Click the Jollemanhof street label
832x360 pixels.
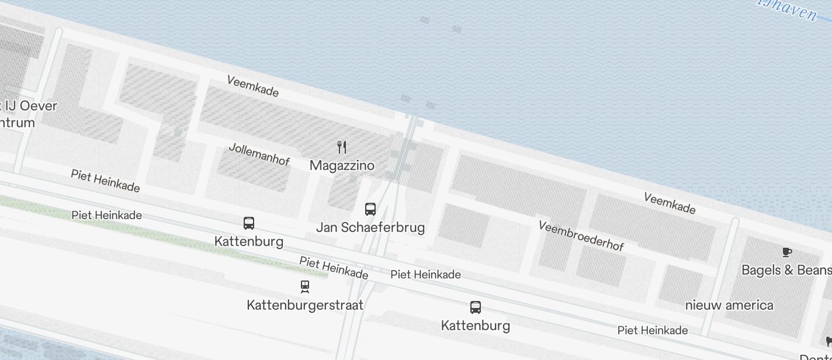tap(259, 154)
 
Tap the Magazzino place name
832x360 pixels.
tap(342, 165)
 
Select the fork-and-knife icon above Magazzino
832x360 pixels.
tap(342, 147)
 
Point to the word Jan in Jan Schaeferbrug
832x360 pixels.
tap(327, 227)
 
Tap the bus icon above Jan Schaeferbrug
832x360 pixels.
tap(370, 209)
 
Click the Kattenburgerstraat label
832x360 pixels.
tap(305, 305)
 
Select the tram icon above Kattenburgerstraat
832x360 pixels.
tap(304, 286)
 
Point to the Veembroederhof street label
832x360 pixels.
tap(581, 236)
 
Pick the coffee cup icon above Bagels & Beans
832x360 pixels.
tap(787, 252)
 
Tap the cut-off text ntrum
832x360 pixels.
tap(18, 123)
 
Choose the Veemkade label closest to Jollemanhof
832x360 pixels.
tap(252, 86)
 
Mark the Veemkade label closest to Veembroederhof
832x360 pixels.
tap(670, 203)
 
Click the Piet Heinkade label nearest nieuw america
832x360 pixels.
tap(652, 330)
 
